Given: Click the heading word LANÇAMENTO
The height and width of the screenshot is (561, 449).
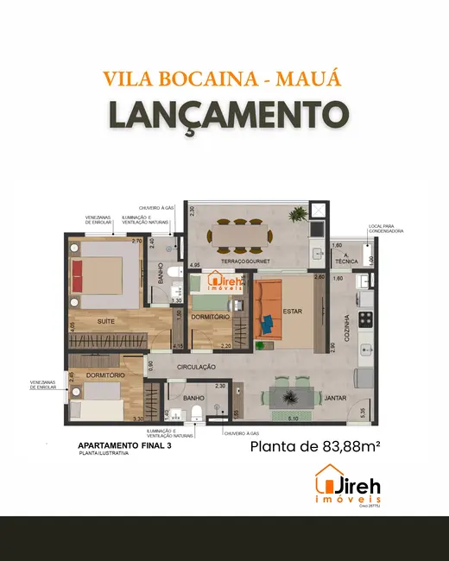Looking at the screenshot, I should pos(224,114).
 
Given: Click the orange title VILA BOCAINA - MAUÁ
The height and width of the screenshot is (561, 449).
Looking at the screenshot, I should pos(223,79).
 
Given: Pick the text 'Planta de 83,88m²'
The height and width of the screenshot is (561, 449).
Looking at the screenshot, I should pos(315,447).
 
